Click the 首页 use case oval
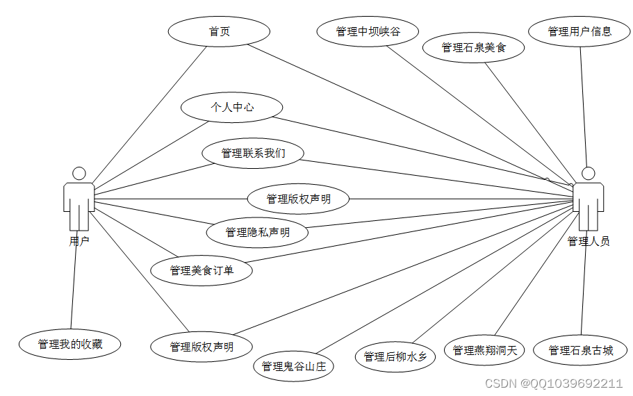pyautogui.click(x=219, y=31)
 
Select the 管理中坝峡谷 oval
pyautogui.click(x=368, y=31)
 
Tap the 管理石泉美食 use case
pyautogui.click(x=474, y=48)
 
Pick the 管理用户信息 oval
pyautogui.click(x=579, y=31)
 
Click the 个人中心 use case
pyautogui.click(x=231, y=108)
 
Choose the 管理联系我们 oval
pyautogui.click(x=253, y=153)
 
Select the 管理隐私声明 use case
pyautogui.click(x=257, y=232)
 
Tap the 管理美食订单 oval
pyautogui.click(x=202, y=270)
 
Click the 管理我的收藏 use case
pyautogui.click(x=70, y=344)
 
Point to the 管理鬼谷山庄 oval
pyautogui.click(x=293, y=366)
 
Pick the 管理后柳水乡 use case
pyautogui.click(x=395, y=356)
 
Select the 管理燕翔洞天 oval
pyautogui.click(x=485, y=351)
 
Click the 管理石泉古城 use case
pyautogui.click(x=581, y=351)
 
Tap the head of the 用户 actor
pyautogui.click(x=79, y=173)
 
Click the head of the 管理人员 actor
pyautogui.click(x=589, y=173)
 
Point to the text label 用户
pyautogui.click(x=79, y=241)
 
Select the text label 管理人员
pyautogui.click(x=589, y=241)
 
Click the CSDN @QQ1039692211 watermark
pyautogui.click(x=553, y=383)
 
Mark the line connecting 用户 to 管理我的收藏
pyautogui.click(x=74, y=285)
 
